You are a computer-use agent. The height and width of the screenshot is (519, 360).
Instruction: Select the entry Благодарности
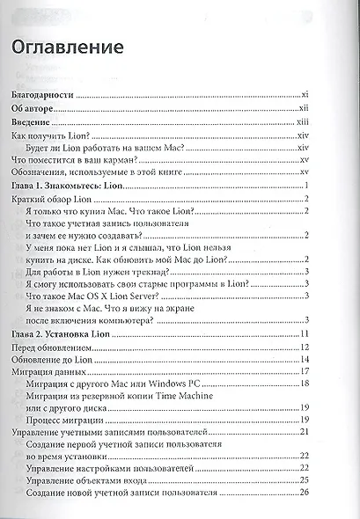42,91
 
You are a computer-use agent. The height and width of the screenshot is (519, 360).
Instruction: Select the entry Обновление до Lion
52,363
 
